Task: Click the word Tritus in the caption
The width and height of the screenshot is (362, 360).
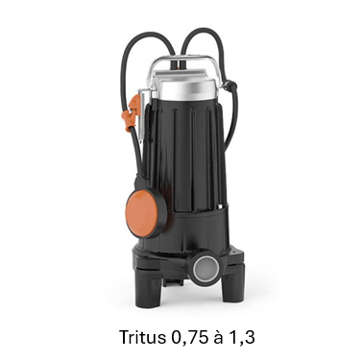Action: [x=143, y=337]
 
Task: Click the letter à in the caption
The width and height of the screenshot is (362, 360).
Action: [x=219, y=337]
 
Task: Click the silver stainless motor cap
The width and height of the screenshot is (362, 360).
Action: [x=187, y=88]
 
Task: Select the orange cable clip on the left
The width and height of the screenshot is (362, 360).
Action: [x=133, y=112]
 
